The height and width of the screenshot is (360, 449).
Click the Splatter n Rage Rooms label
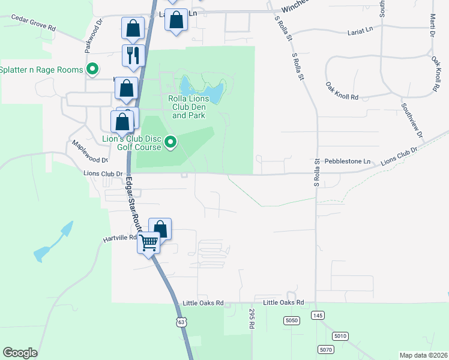click(x=41, y=70)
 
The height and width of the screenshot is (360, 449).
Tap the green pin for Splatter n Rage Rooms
click(x=92, y=70)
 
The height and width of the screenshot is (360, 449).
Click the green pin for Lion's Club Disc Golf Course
click(x=171, y=143)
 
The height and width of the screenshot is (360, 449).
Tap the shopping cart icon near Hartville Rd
click(x=148, y=244)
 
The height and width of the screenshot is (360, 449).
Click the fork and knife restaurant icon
click(x=133, y=55)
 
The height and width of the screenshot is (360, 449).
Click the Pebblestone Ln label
click(x=348, y=161)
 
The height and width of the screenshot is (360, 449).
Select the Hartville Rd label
click(x=120, y=238)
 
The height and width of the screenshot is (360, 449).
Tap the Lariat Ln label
click(x=360, y=31)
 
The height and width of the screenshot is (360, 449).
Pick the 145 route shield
click(x=318, y=316)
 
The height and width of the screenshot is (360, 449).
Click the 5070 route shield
click(x=325, y=349)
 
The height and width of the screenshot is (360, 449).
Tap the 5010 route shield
click(x=340, y=336)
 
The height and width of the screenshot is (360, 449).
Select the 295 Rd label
click(x=252, y=318)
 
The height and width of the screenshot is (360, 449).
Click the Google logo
click(x=20, y=353)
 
